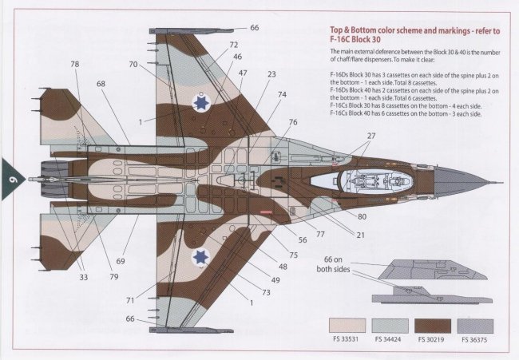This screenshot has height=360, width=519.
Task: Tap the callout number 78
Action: coord(74,64)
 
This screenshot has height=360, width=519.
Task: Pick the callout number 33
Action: coord(84,278)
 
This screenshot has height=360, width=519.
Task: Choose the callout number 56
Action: coord(303,239)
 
